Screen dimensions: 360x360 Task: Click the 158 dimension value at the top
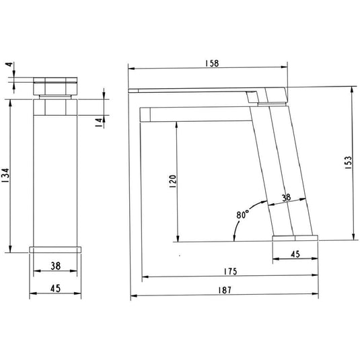coord(212,63)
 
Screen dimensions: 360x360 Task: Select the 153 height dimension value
coord(349,163)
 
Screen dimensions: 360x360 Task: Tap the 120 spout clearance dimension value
coord(172,181)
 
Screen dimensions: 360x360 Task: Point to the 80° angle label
coord(242,215)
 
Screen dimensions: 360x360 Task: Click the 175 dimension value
coord(230,272)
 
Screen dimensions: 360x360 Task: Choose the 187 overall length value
coord(225,290)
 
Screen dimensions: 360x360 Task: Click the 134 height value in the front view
coord(5,176)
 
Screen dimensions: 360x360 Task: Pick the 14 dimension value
coord(99,122)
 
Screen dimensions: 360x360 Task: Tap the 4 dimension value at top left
coord(9,65)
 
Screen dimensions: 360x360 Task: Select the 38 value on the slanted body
coord(286,197)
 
